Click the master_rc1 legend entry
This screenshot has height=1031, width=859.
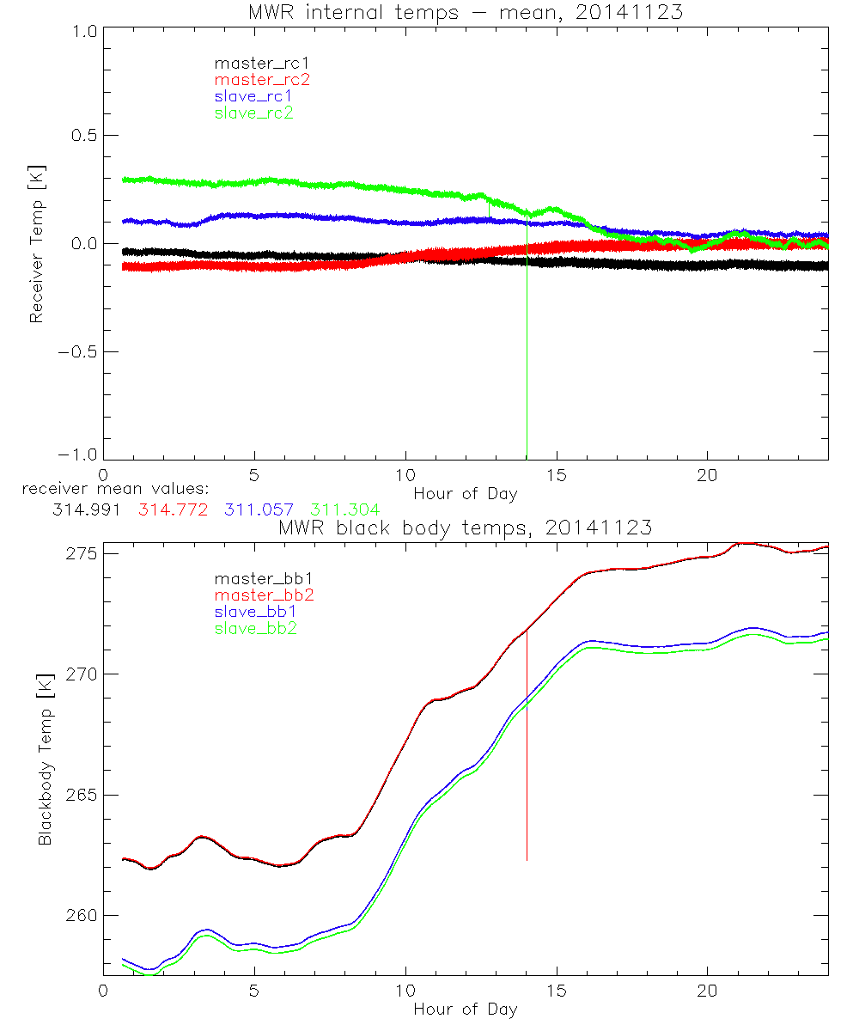click(x=254, y=64)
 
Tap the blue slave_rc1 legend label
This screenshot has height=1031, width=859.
click(x=253, y=96)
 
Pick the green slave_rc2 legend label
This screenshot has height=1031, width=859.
click(x=253, y=113)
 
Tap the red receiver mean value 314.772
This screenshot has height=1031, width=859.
click(x=173, y=510)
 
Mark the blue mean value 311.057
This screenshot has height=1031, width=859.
click(x=259, y=510)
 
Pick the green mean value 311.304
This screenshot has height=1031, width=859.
click(x=344, y=510)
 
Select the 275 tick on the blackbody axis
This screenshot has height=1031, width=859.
click(x=80, y=553)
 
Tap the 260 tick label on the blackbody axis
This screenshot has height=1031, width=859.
click(x=80, y=916)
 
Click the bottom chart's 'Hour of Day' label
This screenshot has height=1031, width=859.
click(x=465, y=1010)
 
